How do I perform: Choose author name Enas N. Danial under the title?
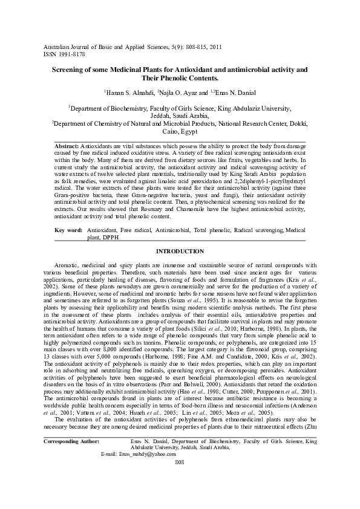(233, 92)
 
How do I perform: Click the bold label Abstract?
(67, 147)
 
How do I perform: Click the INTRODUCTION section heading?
(180, 251)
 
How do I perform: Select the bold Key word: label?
(68, 231)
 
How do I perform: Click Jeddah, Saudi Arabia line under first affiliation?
(180, 116)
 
